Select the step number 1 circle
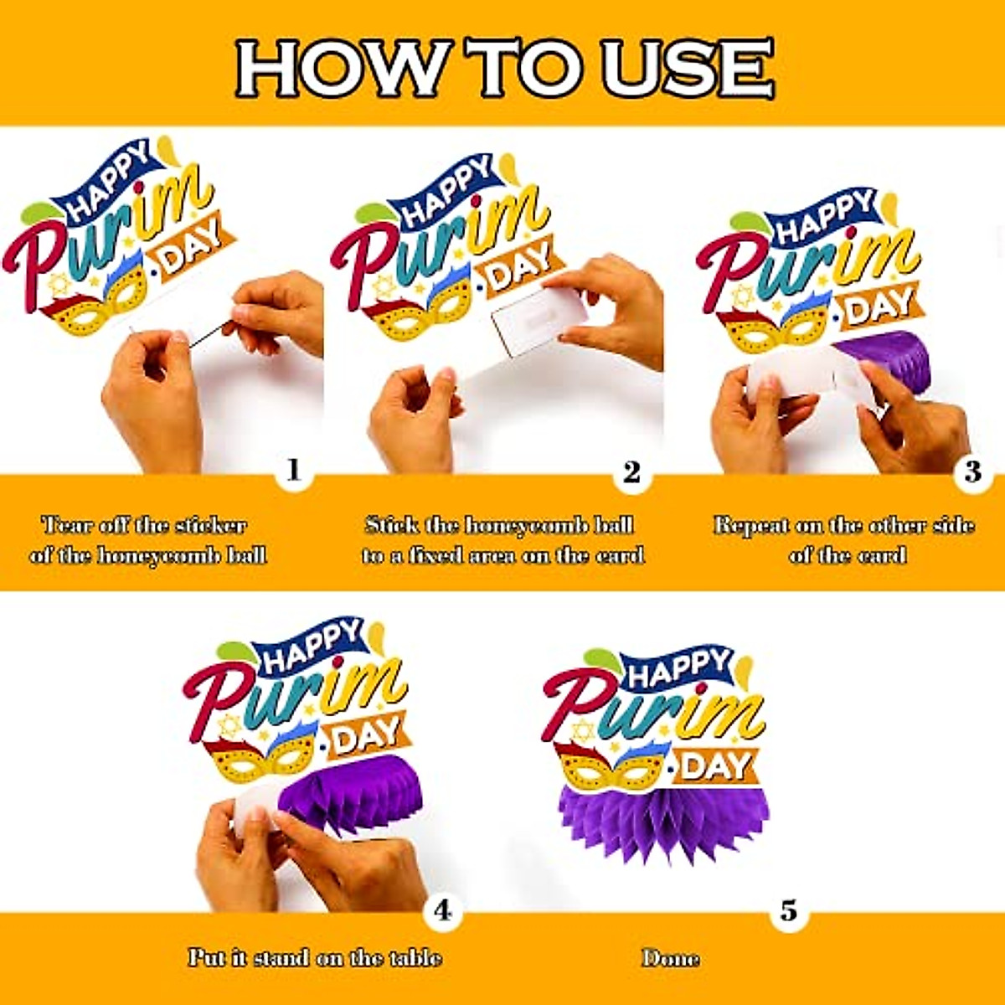click(293, 471)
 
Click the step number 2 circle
click(631, 473)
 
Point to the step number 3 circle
click(971, 472)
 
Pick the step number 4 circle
click(442, 910)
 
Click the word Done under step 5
click(671, 958)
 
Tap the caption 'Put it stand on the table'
click(315, 958)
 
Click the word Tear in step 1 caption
click(67, 526)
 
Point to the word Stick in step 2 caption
click(391, 526)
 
